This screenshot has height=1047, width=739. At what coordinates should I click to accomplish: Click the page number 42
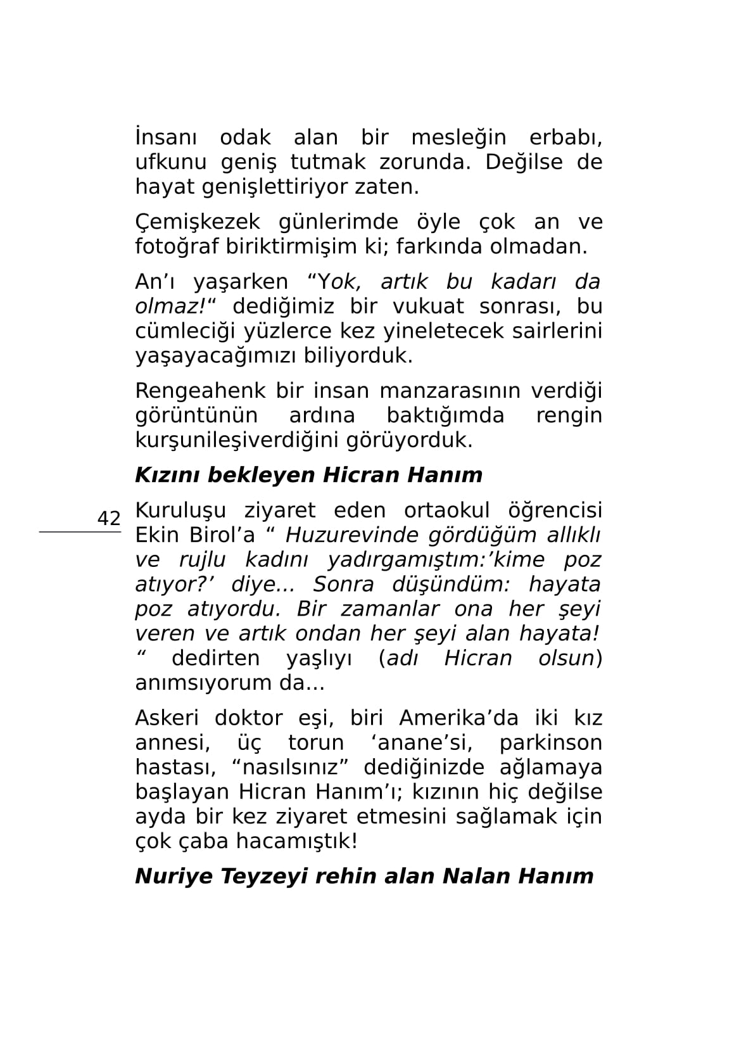coord(108,518)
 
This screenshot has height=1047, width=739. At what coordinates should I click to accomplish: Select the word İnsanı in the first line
coord(166,137)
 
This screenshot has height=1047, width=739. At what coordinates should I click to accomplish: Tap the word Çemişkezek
coord(198,222)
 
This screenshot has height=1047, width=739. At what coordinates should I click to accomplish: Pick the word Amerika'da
coord(458,718)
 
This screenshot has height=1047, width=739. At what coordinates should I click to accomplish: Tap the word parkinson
coord(550,743)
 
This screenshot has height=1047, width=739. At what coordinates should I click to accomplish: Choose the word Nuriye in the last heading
coord(173,877)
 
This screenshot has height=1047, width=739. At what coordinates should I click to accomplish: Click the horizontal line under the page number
coord(80,533)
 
